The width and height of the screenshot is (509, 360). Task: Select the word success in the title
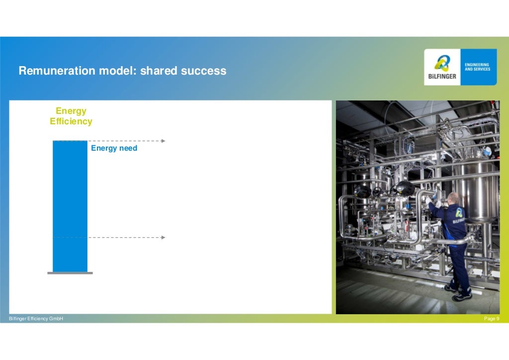coord(203,71)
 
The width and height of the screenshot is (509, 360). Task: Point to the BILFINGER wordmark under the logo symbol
coord(442,77)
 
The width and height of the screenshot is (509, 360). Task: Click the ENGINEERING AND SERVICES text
coord(477,67)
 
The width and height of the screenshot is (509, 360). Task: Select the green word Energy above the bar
coord(71,111)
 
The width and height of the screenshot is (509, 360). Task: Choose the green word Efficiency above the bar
coord(71,121)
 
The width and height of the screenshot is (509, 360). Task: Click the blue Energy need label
coord(114,148)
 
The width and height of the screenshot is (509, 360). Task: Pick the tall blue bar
coord(70,206)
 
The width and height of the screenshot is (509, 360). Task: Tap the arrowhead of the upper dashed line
coord(163,141)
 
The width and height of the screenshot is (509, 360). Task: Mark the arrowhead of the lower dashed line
coord(163,238)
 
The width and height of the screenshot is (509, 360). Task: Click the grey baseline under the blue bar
coord(70,273)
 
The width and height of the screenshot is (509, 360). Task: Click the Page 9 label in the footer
coord(492,318)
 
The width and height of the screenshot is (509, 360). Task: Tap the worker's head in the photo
coord(452,198)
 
